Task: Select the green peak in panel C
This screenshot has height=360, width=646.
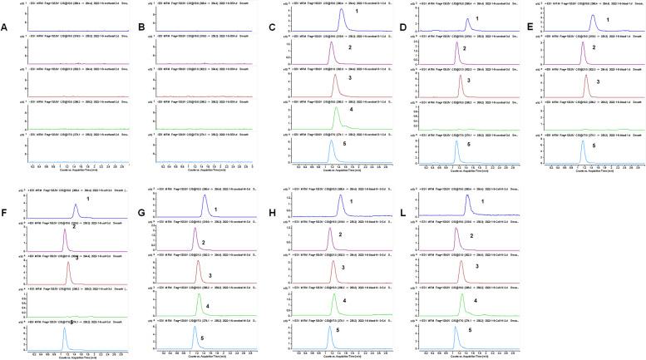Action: tap(335, 112)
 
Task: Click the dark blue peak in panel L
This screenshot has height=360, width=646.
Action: tap(467, 204)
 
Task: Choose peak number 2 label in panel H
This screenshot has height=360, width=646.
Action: tap(339, 235)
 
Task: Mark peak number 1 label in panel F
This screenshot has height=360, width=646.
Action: tap(87, 200)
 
